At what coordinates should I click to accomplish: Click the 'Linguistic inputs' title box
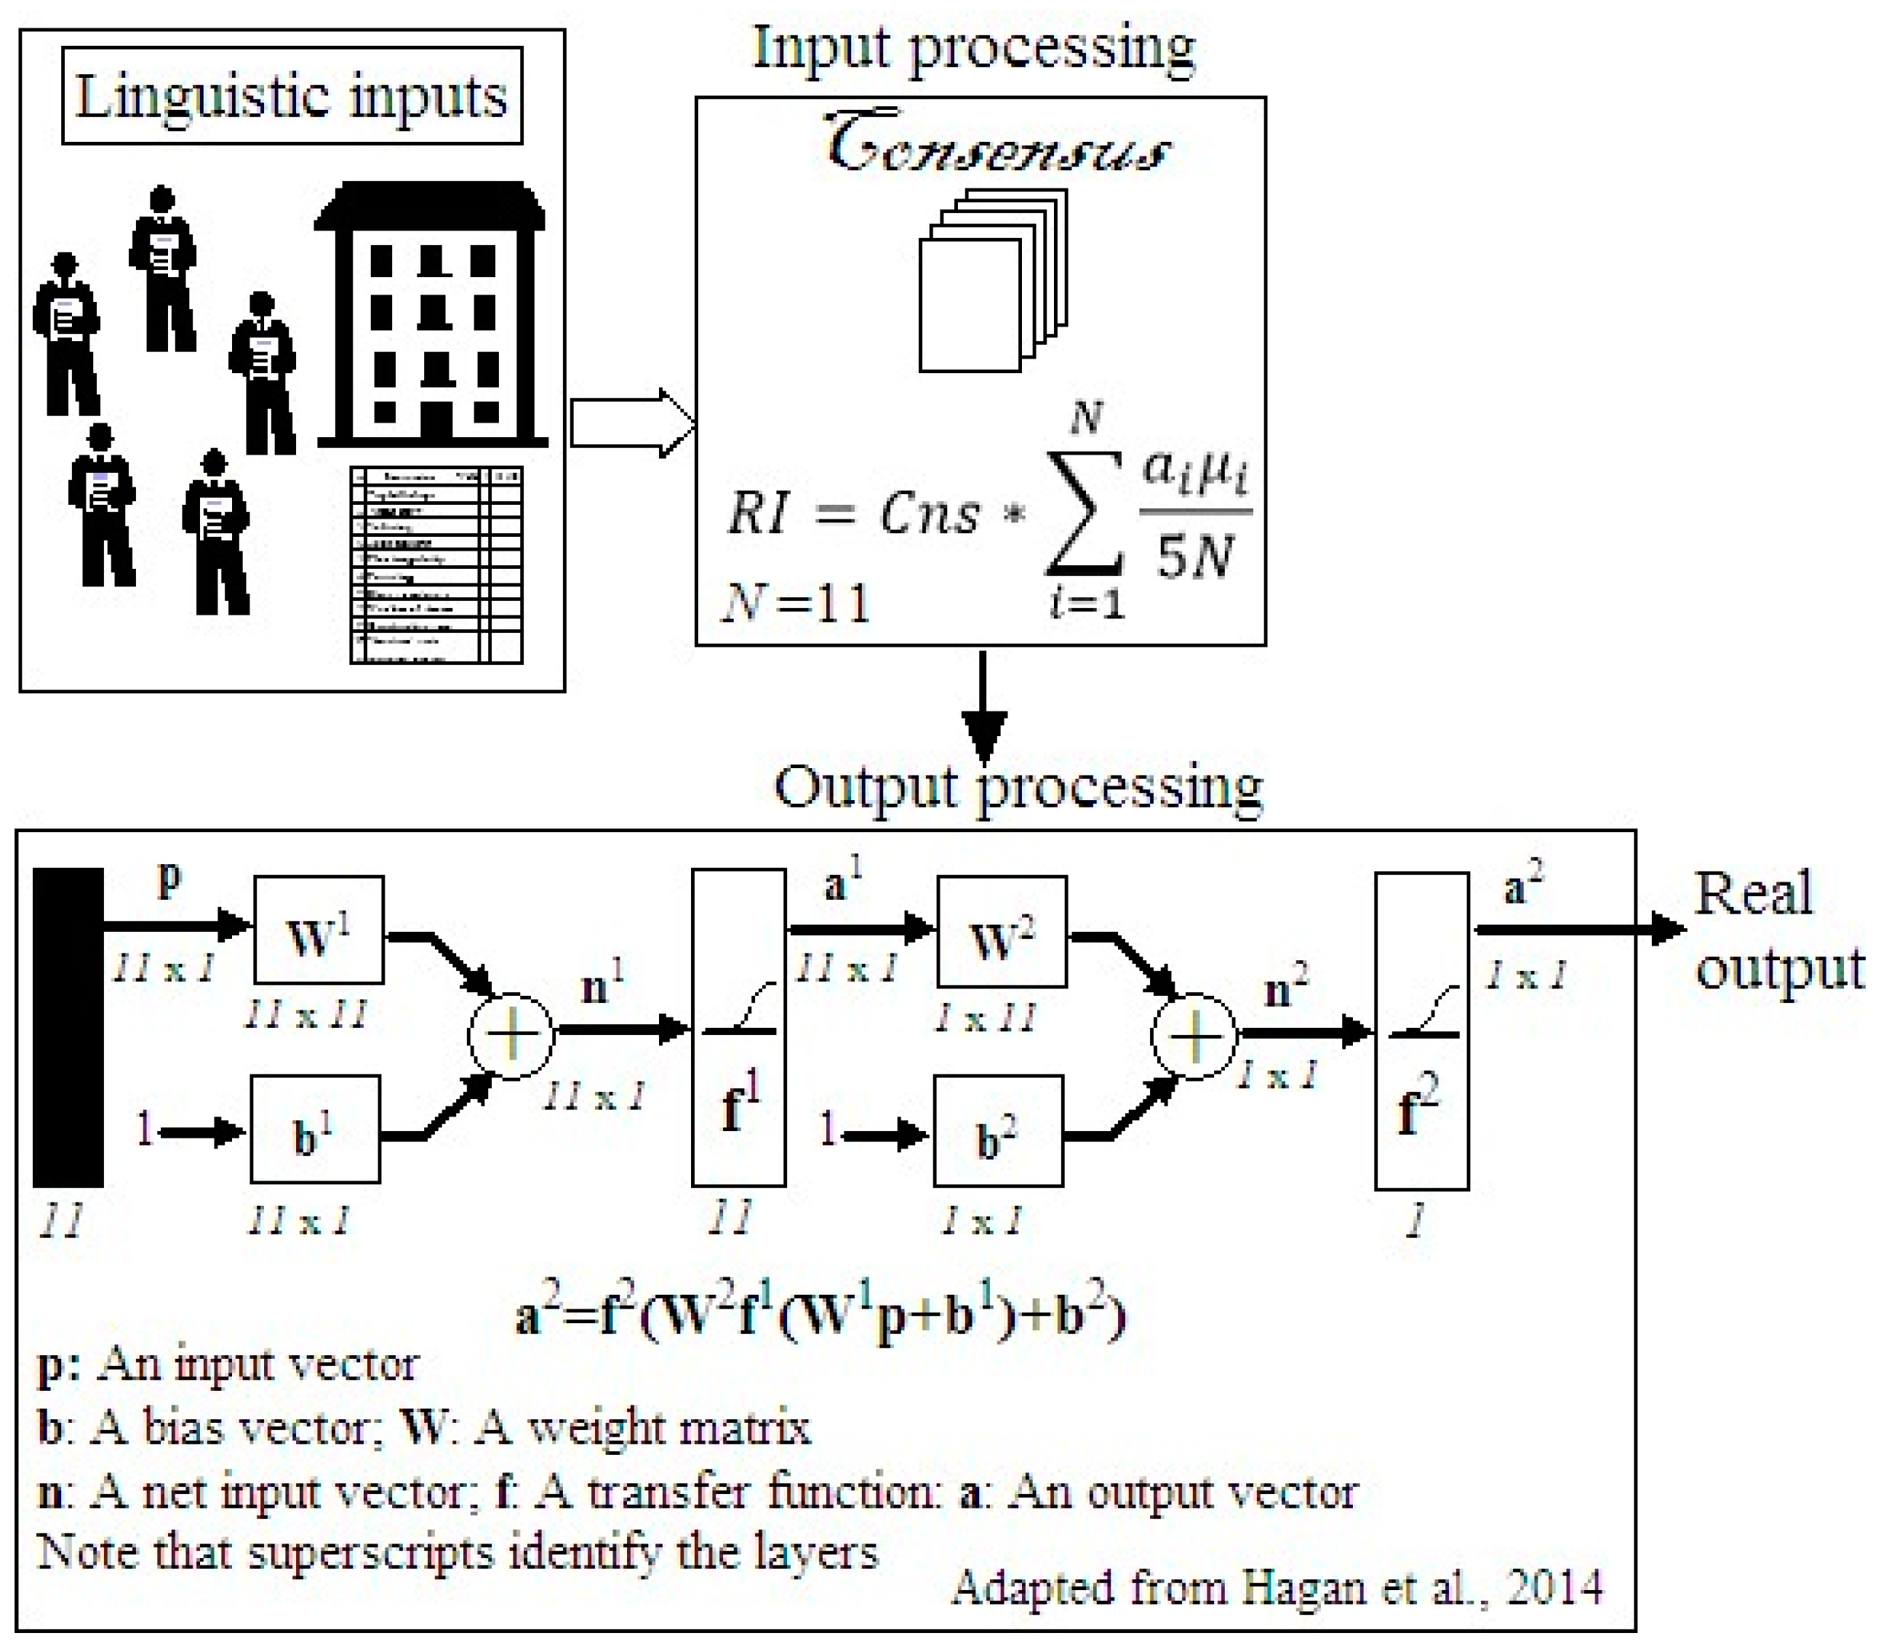292,96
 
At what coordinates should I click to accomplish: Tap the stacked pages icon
992,281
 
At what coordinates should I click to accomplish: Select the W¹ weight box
319,930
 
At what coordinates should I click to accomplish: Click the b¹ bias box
316,1129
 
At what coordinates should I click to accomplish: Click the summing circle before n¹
511,1035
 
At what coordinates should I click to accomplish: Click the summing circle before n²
1194,1036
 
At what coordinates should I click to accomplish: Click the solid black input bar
68,1027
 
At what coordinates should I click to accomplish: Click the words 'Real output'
1778,930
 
